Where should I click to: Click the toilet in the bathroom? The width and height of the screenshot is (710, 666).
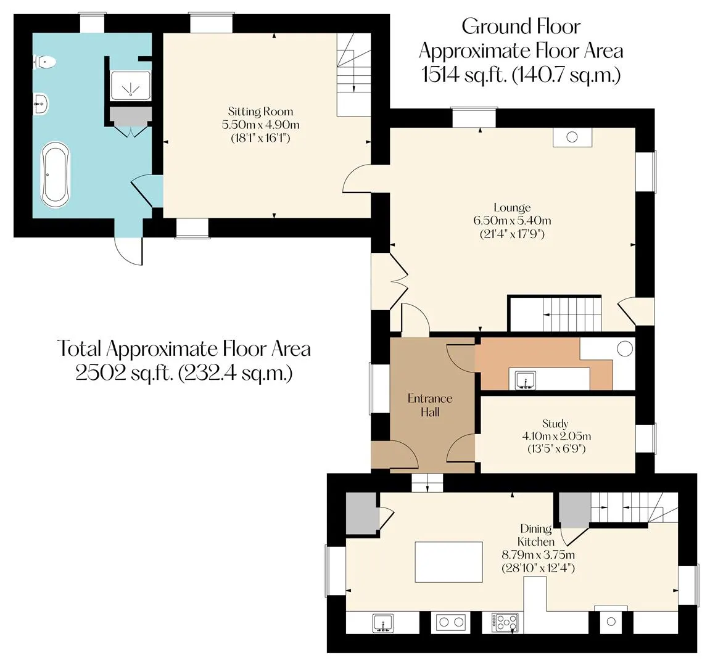coord(44,62)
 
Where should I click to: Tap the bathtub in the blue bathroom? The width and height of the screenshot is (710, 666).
coord(56,175)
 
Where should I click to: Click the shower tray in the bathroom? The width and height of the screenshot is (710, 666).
coord(130,86)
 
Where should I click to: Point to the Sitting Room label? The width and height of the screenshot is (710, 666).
coord(260,112)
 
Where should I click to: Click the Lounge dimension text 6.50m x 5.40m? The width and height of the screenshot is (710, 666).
coord(512,221)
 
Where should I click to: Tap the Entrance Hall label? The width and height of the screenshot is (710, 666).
coord(430,405)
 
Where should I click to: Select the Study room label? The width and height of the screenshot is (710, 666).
coord(555,424)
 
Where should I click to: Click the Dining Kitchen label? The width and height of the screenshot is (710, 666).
coord(536,535)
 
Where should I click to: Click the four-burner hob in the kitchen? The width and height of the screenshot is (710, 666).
coord(505,623)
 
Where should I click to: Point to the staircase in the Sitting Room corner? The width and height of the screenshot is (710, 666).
coord(354,75)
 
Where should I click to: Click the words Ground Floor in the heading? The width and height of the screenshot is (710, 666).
coord(521,27)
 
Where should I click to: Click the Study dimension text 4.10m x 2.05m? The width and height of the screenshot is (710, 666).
coord(556,437)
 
